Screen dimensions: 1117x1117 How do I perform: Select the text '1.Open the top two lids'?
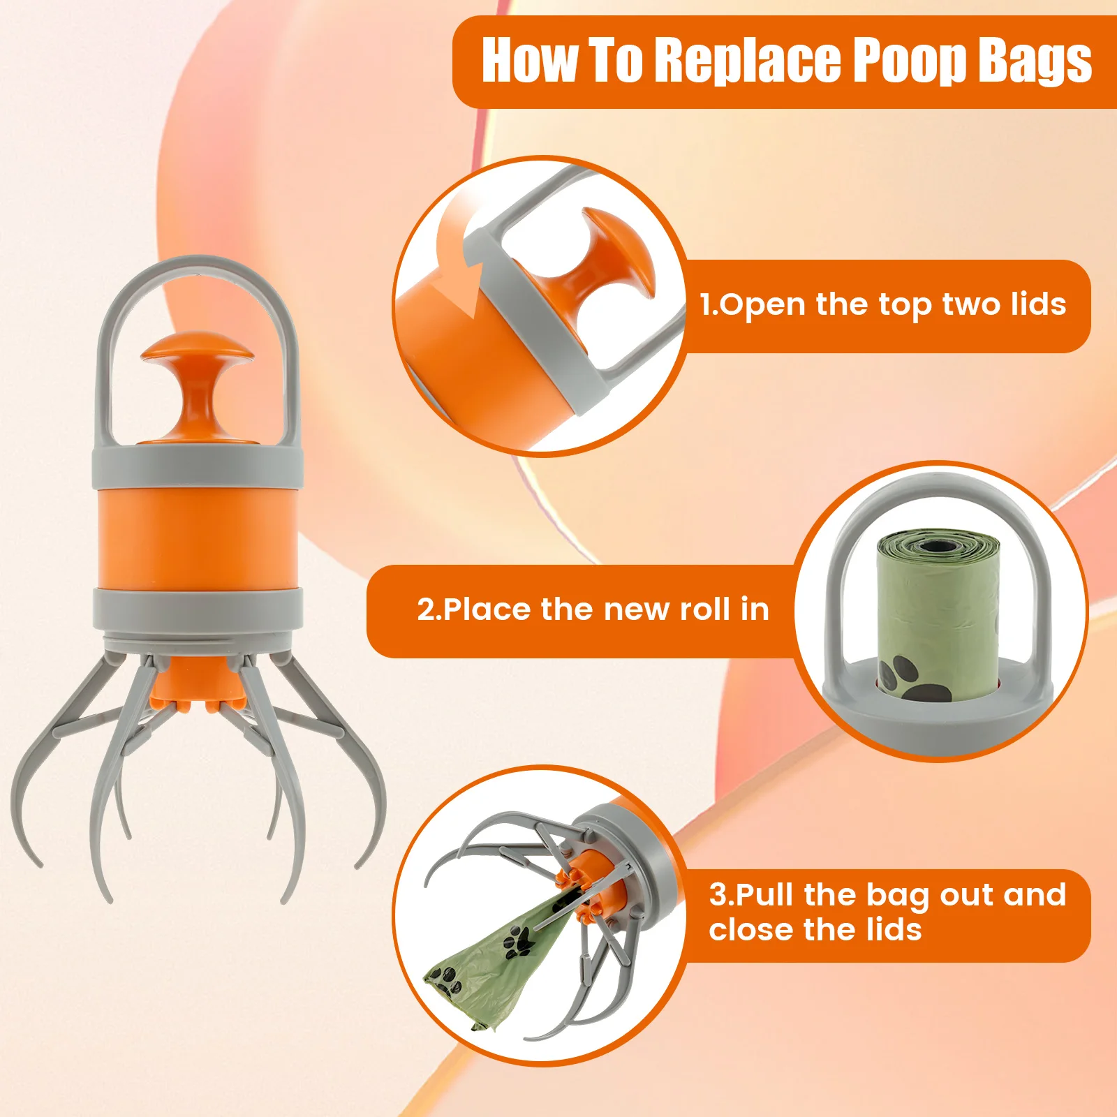(883, 304)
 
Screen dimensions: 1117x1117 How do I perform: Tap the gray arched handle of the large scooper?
(197, 268)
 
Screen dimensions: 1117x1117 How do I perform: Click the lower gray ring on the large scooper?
(198, 608)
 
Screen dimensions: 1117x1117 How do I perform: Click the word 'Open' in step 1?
(762, 305)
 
